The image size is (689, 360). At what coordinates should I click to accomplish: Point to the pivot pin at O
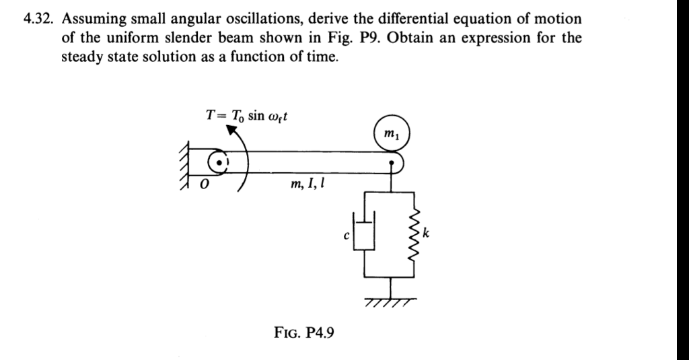[x=219, y=163]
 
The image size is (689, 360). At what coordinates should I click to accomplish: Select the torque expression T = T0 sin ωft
[x=248, y=115]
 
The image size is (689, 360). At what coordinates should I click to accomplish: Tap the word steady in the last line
[x=80, y=57]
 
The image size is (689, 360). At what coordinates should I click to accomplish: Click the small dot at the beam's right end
[x=391, y=162]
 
